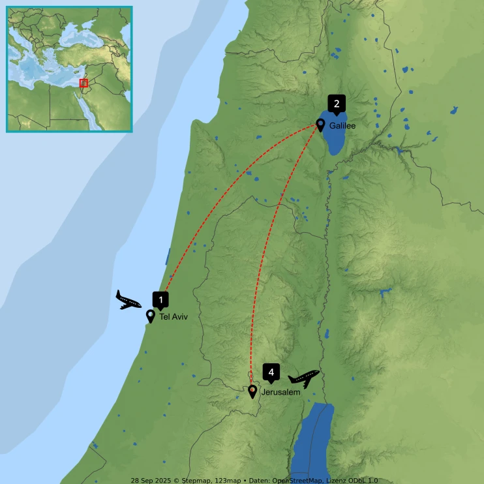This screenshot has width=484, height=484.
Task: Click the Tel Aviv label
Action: click(173, 317)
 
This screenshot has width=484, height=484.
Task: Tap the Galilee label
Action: click(342, 126)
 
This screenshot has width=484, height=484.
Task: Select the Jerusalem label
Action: click(280, 393)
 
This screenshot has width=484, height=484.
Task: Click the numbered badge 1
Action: click(160, 299)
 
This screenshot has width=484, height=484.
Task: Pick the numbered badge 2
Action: click(337, 103)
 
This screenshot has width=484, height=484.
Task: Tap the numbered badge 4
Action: click(271, 372)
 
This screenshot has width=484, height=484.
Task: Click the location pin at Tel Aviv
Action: click(151, 316)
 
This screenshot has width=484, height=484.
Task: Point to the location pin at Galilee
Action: click(320, 124)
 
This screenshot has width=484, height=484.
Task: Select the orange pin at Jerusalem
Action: click(252, 391)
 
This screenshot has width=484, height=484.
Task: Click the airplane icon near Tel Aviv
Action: click(129, 300)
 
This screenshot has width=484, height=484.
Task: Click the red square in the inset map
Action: click(83, 83)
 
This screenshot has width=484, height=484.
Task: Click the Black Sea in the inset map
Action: click(85, 33)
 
